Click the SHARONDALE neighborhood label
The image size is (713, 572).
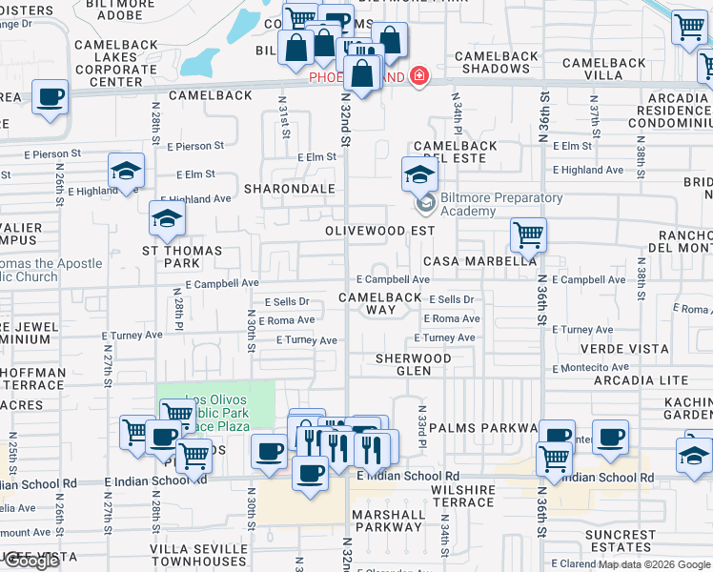click(290, 189)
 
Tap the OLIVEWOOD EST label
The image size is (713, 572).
click(379, 231)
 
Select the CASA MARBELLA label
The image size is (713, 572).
click(479, 261)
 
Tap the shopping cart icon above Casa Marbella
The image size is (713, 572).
click(527, 234)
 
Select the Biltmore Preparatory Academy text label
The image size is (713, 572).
click(488, 205)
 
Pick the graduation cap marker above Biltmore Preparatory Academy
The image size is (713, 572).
click(418, 174)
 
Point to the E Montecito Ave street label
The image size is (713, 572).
click(590, 367)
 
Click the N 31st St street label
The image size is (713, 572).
click(283, 114)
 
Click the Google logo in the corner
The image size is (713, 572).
click(31, 561)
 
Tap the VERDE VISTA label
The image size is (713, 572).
click(624, 349)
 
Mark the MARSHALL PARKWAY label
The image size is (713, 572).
click(388, 521)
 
